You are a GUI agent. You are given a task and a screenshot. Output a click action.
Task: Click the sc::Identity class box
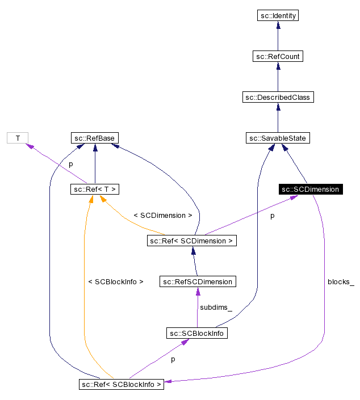click(x=277, y=15)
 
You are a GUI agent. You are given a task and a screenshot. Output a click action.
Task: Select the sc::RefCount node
click(x=277, y=56)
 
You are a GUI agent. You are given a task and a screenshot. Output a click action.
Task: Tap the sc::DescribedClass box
click(x=277, y=97)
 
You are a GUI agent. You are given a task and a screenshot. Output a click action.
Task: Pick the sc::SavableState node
click(x=278, y=138)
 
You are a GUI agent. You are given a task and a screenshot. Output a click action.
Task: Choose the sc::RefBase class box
click(x=95, y=138)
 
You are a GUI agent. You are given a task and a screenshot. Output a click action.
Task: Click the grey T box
click(x=18, y=138)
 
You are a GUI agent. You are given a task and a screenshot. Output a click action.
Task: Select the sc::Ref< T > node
click(x=95, y=189)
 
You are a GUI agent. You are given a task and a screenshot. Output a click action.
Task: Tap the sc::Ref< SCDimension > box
click(x=191, y=241)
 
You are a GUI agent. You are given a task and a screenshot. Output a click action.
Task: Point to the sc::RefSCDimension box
click(x=197, y=281)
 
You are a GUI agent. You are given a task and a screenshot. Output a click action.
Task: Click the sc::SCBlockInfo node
click(x=197, y=333)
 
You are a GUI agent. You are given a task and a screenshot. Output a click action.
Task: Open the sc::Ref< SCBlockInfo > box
click(x=122, y=384)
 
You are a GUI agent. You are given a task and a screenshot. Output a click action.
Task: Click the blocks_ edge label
click(x=340, y=282)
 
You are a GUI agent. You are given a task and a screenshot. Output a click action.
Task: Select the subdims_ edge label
click(x=215, y=307)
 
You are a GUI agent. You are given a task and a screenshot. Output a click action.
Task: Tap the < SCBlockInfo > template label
click(x=116, y=281)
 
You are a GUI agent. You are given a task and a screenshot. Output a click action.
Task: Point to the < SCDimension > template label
click(x=162, y=216)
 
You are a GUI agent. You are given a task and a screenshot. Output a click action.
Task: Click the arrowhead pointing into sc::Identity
click(x=277, y=26)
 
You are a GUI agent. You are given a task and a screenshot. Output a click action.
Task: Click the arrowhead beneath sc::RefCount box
click(x=277, y=66)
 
